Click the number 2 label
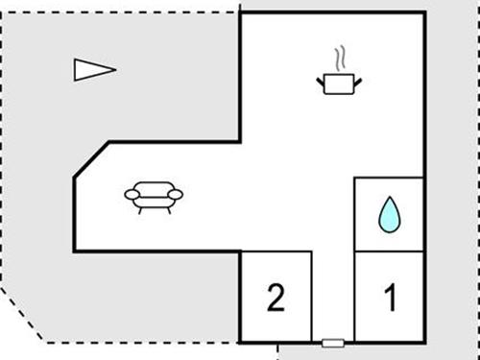pos(276,299)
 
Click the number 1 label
pos(390,299)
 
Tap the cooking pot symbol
pos(339,84)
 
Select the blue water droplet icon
pos(389,215)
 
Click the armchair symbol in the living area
pos(154,197)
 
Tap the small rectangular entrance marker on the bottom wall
pos(333,342)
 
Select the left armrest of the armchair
pos(132,195)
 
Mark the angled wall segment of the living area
pos(91,159)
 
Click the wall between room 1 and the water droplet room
pos(389,252)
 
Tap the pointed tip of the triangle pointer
pos(114,69)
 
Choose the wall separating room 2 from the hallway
pos(312,296)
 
